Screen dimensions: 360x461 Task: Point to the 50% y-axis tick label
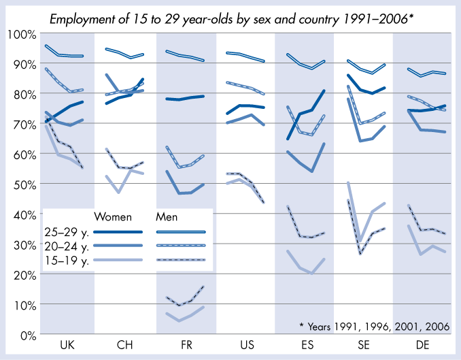(x=23, y=184)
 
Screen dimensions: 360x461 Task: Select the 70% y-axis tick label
(x=23, y=124)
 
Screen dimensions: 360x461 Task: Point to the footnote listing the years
(x=374, y=326)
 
